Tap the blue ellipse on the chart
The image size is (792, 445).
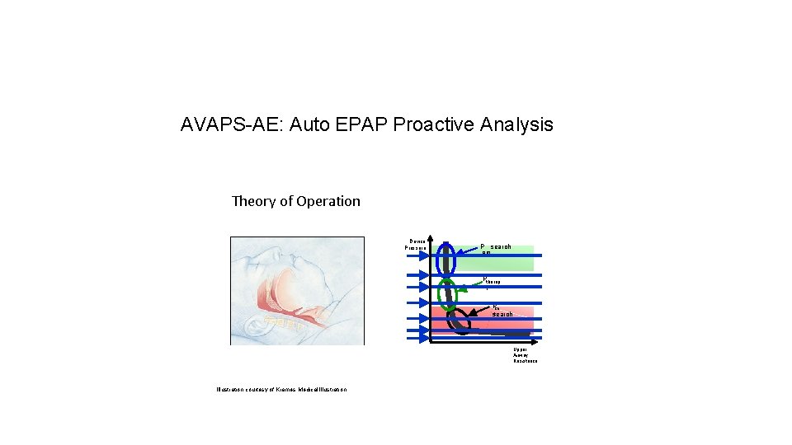coord(447,258)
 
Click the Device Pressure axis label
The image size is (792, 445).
coord(415,244)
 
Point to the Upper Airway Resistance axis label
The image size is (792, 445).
coord(525,355)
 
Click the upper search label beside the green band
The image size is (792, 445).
coord(500,246)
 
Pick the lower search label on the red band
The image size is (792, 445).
coord(502,314)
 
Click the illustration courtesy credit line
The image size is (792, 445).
coord(281,389)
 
